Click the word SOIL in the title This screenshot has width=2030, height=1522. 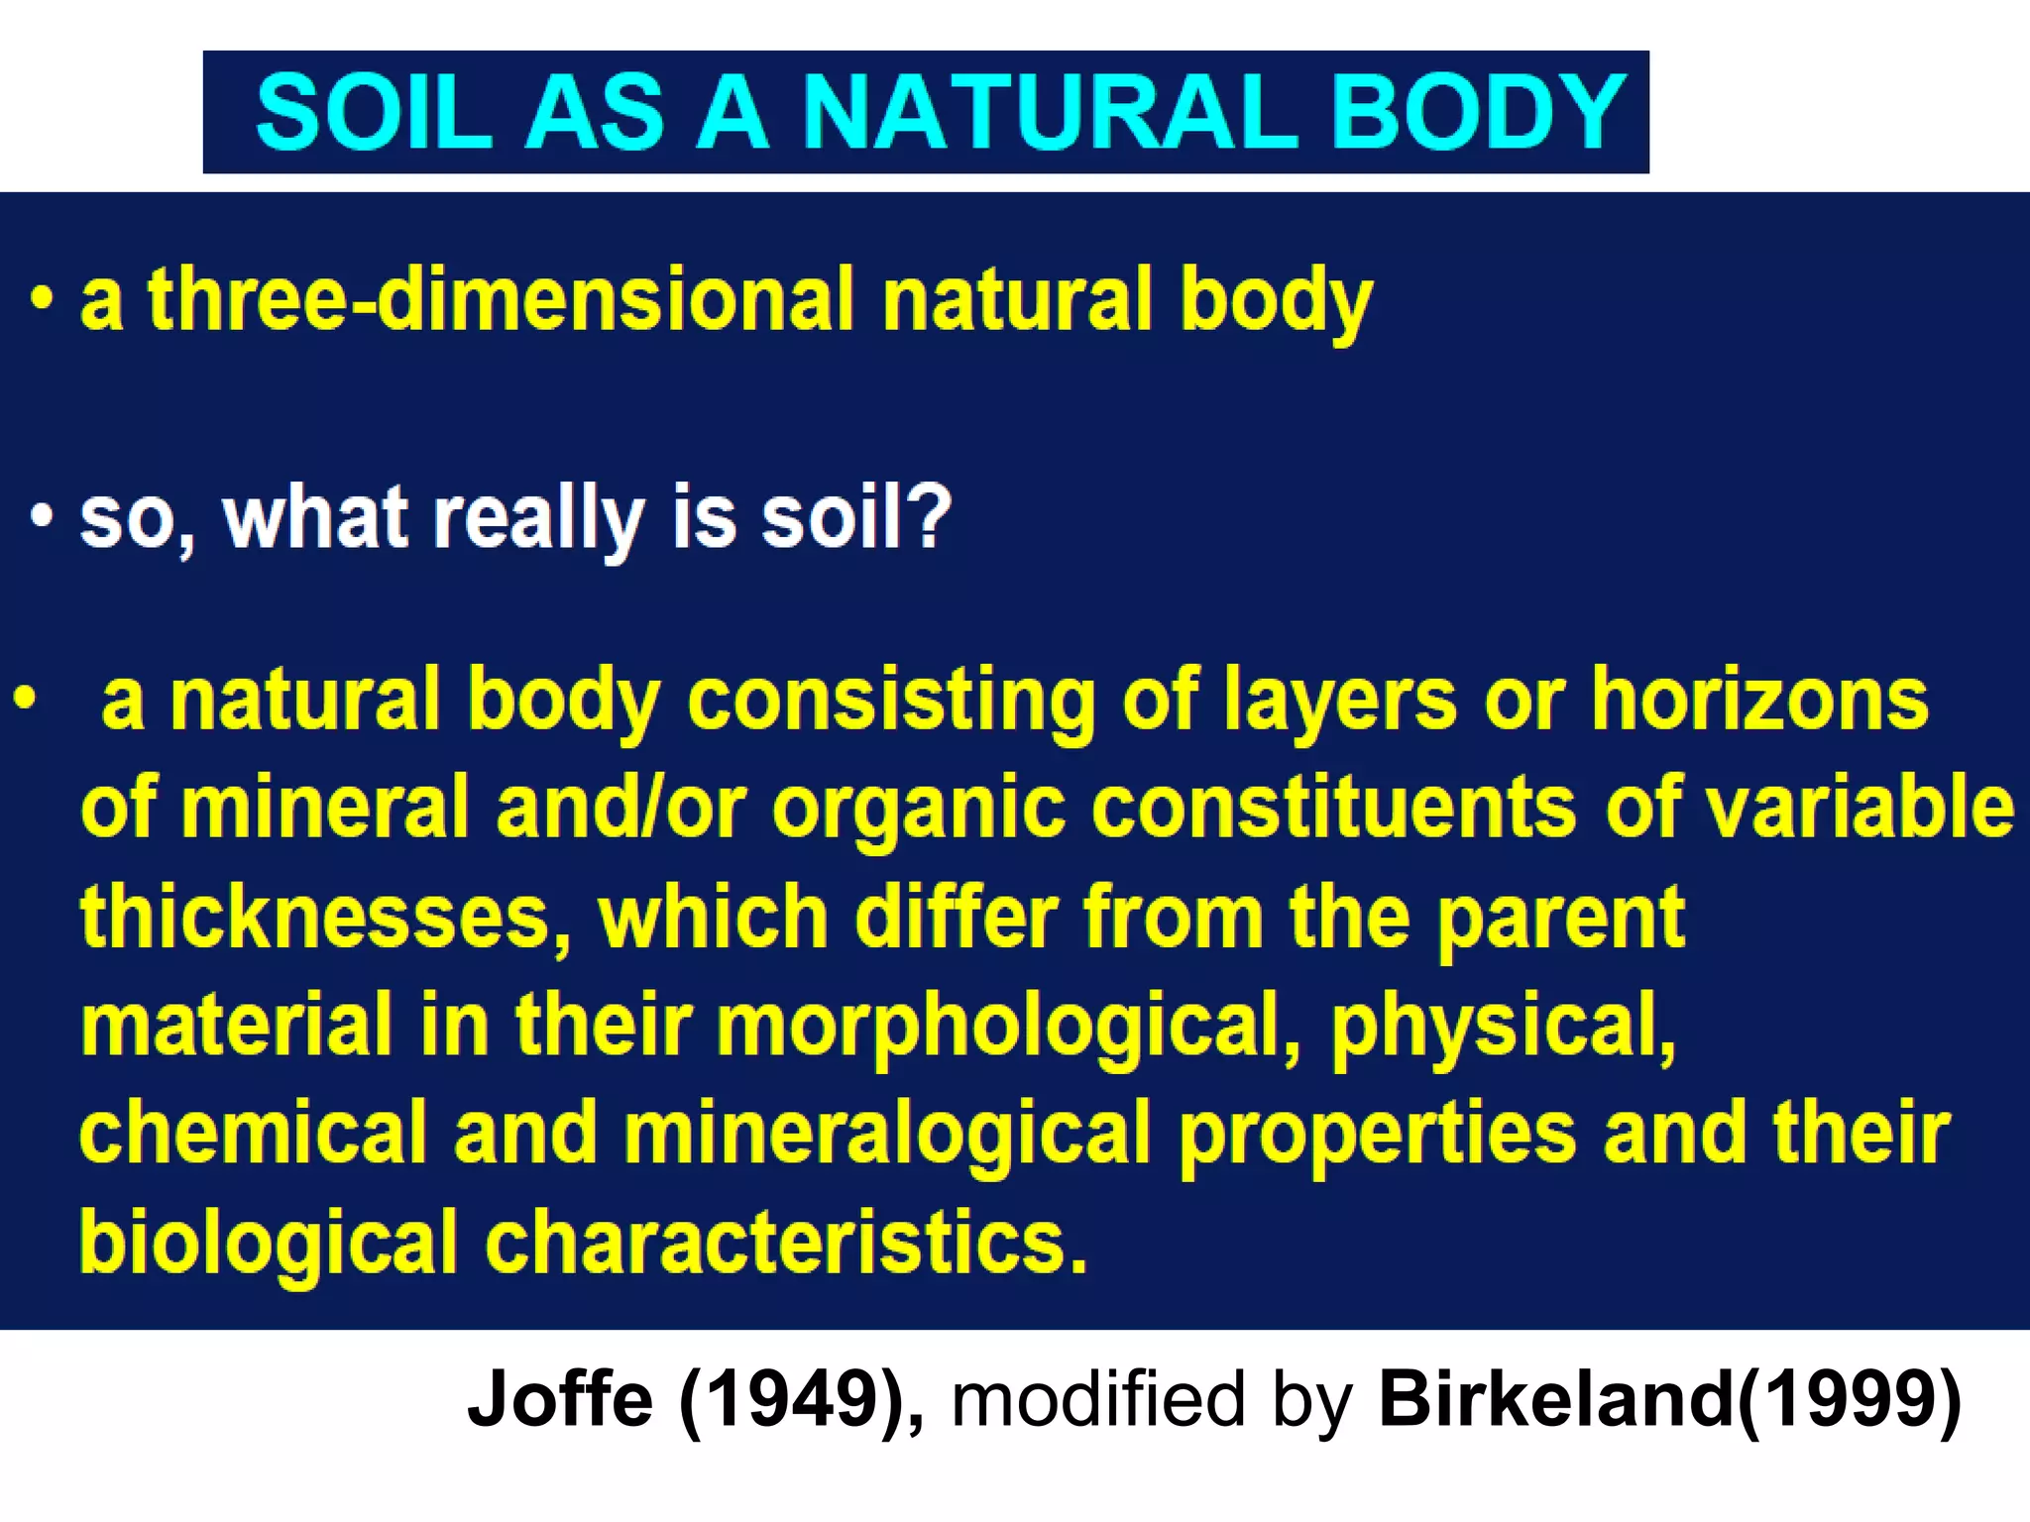coord(373,113)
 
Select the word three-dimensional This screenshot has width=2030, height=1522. coord(500,299)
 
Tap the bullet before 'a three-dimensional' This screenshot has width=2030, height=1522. coord(40,298)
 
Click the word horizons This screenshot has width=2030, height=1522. coord(1759,700)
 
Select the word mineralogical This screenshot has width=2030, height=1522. coord(887,1136)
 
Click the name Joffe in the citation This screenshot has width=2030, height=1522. coord(560,1399)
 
